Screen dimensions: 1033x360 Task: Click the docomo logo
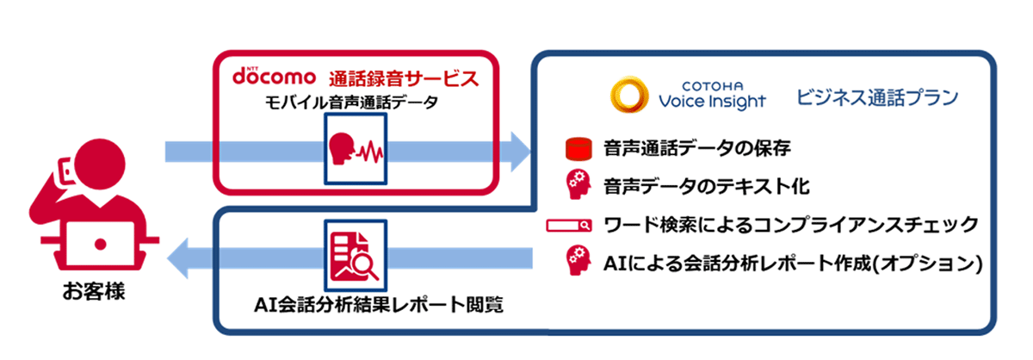point(274,76)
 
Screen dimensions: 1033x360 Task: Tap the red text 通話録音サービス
point(404,78)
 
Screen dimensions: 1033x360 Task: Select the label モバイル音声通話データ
point(351,102)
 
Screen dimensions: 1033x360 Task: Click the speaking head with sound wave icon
point(356,149)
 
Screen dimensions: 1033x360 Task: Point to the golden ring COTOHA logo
point(629,95)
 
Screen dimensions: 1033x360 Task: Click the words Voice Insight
point(712,101)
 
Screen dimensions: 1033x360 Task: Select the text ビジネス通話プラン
point(877,98)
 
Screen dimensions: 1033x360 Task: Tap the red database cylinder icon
point(578,149)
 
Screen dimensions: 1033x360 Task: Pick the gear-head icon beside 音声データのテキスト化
point(578,184)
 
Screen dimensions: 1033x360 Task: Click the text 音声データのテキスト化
point(707,187)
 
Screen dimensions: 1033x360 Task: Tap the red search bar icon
point(569,226)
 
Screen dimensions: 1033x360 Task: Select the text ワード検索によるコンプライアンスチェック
point(791,225)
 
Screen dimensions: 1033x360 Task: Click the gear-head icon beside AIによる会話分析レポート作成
point(578,261)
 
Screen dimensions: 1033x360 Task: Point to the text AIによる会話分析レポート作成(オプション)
point(793,264)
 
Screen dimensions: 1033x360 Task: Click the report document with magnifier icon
point(356,255)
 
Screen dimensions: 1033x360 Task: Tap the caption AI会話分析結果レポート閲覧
point(379,305)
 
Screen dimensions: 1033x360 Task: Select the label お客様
point(94,292)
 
